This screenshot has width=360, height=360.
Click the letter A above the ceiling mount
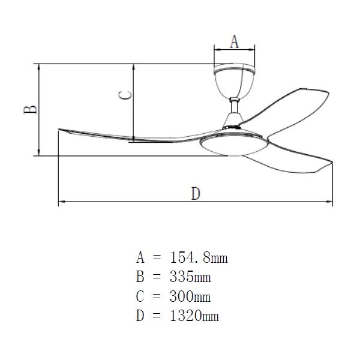[234, 41]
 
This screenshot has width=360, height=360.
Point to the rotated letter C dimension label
[125, 95]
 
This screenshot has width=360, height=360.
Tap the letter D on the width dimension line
[196, 194]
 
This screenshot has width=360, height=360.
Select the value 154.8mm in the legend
[199, 257]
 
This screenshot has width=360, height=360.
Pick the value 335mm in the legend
[190, 277]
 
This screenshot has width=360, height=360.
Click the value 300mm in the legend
[190, 296]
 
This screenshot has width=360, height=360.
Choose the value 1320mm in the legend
[194, 316]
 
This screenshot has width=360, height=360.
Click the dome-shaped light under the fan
[235, 145]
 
